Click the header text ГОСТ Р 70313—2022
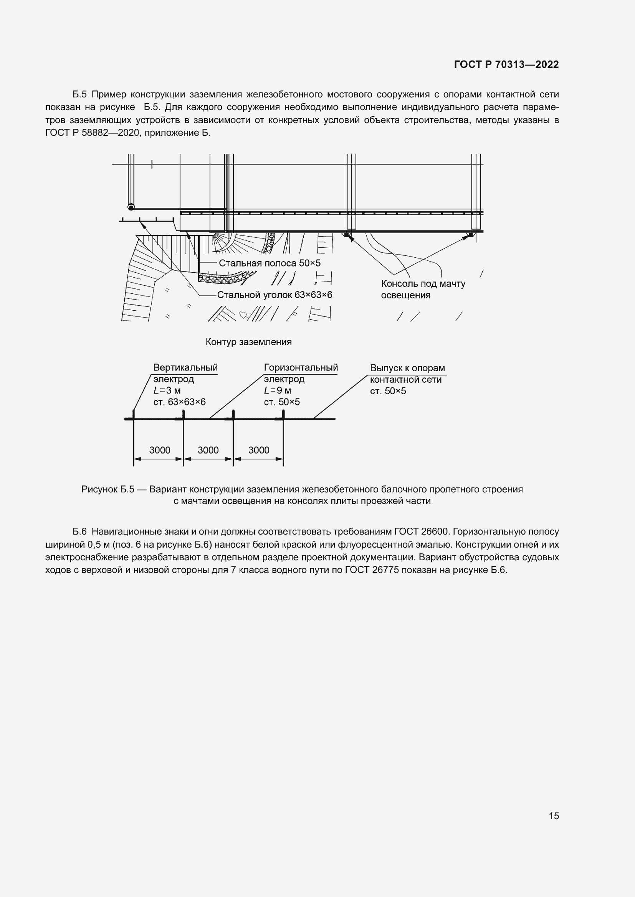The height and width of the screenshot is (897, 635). coord(506,64)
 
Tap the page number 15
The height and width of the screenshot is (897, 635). coord(554,816)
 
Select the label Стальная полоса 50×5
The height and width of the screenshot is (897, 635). coord(270,263)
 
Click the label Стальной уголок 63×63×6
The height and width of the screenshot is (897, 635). coord(275,295)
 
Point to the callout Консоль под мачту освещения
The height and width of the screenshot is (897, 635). coord(423,289)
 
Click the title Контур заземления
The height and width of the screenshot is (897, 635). coord(249,342)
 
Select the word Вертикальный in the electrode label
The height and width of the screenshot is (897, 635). coord(185,368)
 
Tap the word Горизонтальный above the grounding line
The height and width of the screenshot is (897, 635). coord(301,368)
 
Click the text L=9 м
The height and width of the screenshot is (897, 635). coord(277,390)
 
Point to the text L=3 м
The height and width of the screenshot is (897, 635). coord(167,390)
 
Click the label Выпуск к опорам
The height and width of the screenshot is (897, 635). coord(407,368)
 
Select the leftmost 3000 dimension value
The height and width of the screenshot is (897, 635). coord(160,450)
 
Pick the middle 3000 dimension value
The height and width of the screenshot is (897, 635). coord(208,450)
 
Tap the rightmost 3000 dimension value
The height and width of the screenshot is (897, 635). coord(258,450)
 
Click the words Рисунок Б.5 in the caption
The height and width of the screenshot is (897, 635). coord(107,489)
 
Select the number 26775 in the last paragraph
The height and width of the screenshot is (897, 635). coord(385,570)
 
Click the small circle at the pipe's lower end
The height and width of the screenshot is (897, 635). coord(131,207)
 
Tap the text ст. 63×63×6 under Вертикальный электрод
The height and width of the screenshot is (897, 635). coord(179,402)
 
